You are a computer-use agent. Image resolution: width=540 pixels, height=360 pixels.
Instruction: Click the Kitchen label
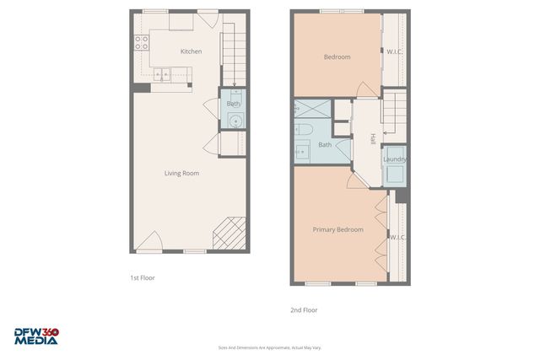192,51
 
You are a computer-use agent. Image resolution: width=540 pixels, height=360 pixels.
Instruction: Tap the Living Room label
181,173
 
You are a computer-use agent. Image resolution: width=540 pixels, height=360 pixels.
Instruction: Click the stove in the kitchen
140,43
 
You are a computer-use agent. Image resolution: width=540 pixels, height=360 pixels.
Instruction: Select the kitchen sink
160,75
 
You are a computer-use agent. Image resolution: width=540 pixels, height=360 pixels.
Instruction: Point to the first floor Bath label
233,104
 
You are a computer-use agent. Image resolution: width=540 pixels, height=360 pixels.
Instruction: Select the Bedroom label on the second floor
337,57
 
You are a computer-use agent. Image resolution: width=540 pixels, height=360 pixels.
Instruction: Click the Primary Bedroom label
337,229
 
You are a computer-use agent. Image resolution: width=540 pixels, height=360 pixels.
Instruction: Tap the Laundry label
395,159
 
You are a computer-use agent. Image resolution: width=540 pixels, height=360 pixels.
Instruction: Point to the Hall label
372,139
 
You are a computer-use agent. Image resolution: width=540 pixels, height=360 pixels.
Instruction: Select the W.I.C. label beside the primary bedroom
397,237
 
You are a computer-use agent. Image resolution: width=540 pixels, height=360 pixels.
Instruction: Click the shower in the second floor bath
313,110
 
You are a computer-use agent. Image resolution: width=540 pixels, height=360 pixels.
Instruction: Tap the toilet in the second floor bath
305,130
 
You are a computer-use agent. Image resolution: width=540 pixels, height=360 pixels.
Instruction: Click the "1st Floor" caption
142,277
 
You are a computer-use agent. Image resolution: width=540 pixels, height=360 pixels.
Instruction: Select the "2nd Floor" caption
304,309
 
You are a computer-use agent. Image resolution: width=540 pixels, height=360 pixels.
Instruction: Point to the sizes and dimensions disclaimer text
269,347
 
